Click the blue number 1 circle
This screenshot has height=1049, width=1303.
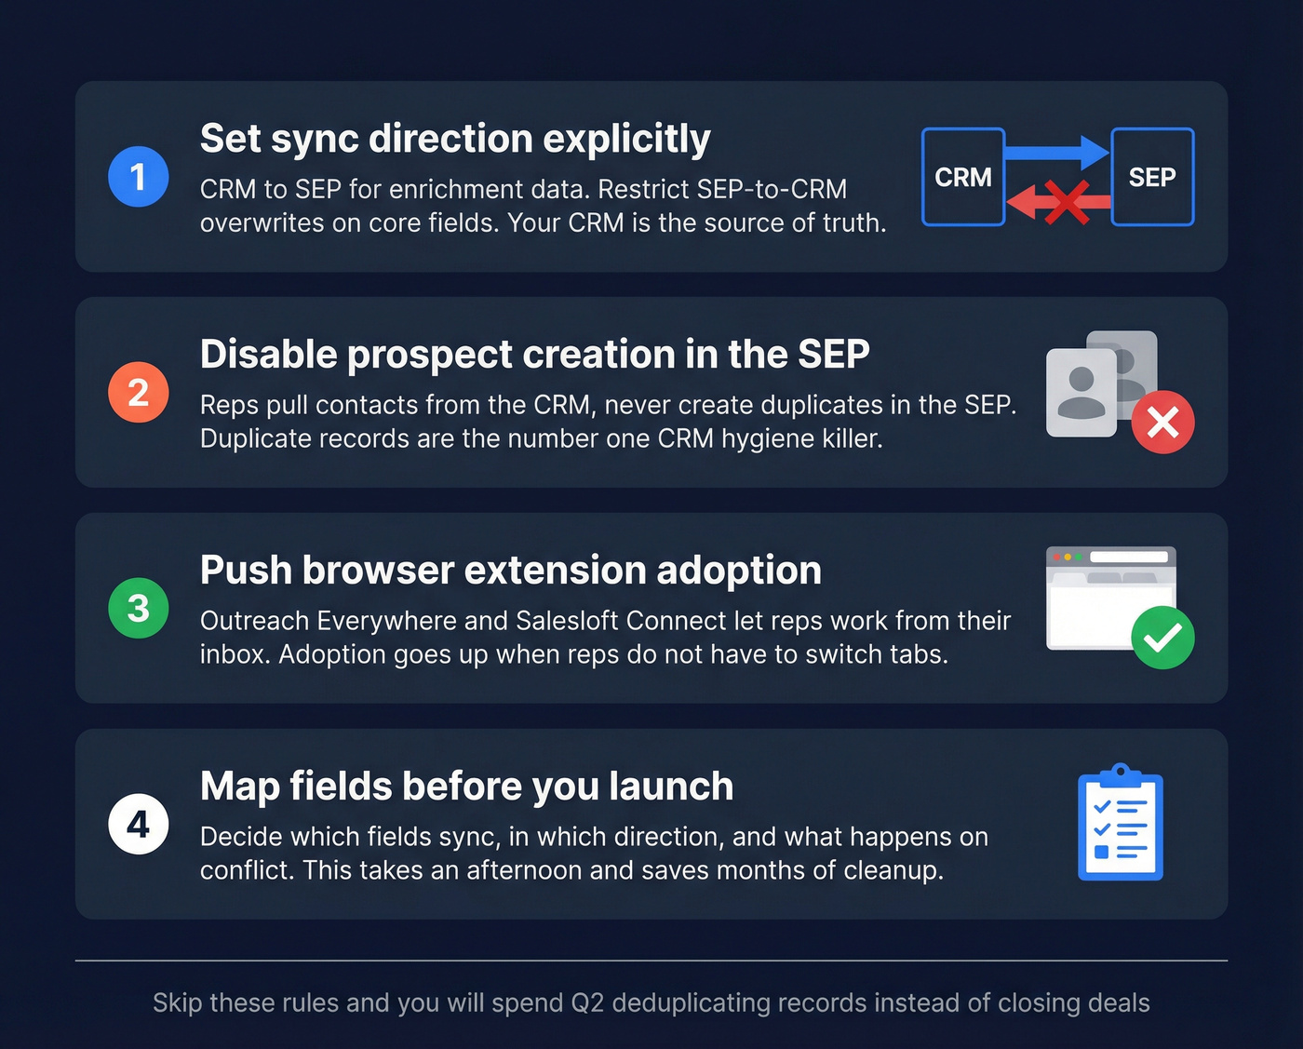138,176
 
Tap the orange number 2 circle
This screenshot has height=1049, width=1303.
138,392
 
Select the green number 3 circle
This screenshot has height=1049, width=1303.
138,608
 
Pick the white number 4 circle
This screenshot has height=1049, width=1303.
138,824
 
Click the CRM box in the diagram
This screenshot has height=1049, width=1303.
963,177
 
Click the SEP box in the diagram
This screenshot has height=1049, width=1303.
1152,177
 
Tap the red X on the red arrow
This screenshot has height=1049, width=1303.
1067,201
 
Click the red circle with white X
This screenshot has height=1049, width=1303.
1163,423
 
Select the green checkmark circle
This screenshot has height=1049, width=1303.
1162,638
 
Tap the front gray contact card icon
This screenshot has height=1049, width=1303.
1081,392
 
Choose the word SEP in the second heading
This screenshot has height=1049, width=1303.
833,355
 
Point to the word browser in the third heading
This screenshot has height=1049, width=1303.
376,571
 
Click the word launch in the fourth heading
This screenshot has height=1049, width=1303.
670,787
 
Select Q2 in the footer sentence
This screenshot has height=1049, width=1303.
587,1002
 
